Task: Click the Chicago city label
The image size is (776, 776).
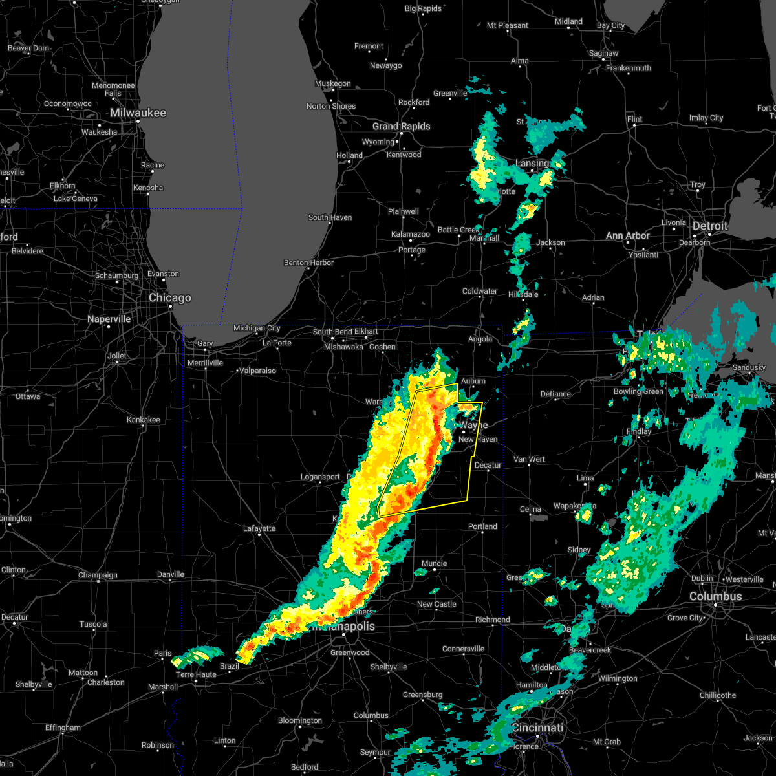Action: click(170, 298)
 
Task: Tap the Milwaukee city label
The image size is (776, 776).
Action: click(138, 113)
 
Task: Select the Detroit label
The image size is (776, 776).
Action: click(710, 226)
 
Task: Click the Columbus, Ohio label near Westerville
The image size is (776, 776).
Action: click(715, 596)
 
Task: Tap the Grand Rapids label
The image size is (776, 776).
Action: click(401, 126)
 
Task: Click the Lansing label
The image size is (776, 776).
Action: click(532, 164)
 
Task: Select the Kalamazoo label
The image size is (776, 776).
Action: click(410, 234)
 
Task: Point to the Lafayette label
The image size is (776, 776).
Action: click(259, 528)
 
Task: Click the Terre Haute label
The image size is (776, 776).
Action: click(197, 674)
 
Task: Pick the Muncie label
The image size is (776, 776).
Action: click(434, 563)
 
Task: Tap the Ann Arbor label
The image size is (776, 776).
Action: click(627, 236)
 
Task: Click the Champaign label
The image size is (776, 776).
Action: click(98, 575)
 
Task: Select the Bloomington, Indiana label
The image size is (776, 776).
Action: click(301, 720)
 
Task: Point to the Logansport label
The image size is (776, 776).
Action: click(320, 477)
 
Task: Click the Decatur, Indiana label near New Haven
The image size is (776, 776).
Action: click(488, 465)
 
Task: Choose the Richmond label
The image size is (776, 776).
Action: click(492, 620)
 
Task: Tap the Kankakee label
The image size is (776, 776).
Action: click(144, 420)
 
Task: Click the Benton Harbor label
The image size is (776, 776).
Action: click(309, 263)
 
